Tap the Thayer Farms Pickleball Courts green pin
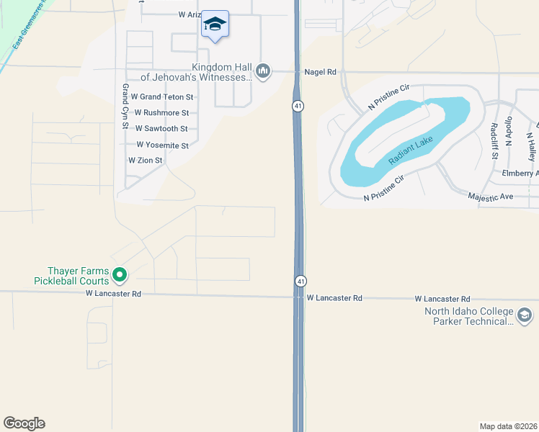[x=120, y=274]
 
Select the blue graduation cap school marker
[x=215, y=25]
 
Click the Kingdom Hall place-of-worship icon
[x=263, y=71]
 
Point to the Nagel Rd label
[x=321, y=72]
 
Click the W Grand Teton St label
[x=161, y=96]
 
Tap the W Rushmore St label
[x=161, y=113]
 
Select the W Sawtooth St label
[x=161, y=129]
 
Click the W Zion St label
[x=145, y=161]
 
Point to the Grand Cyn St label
[x=125, y=106]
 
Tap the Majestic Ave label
[x=490, y=196]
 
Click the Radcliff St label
[x=494, y=140]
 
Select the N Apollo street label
[x=509, y=132]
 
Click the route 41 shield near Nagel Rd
[x=297, y=106]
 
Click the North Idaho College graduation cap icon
[x=525, y=315]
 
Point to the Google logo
[x=24, y=423]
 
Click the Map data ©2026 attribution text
[x=509, y=426]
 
